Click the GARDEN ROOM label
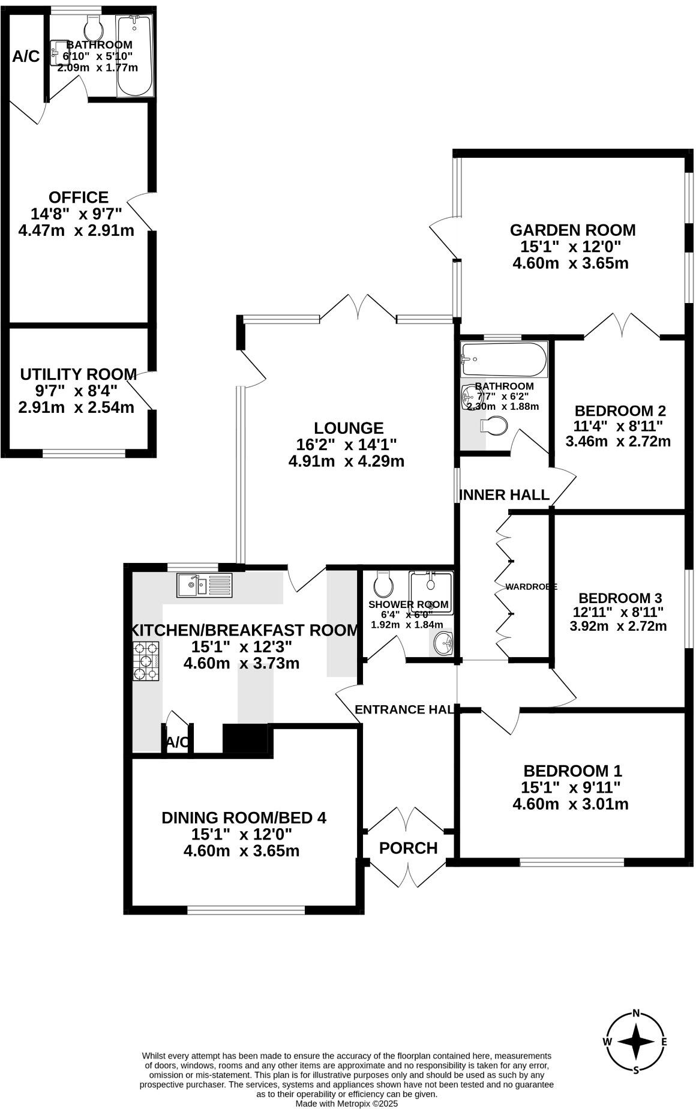tap(572, 230)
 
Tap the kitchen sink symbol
tap(204, 585)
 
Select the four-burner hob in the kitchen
tap(146, 661)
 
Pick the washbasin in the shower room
tap(444, 645)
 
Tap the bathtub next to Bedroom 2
tap(503, 359)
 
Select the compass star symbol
tap(636, 1041)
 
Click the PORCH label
tap(409, 848)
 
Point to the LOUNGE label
tap(349, 428)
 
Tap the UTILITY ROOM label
tap(78, 374)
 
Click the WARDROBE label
tap(531, 586)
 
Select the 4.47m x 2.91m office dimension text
tap(77, 230)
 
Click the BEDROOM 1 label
tap(572, 771)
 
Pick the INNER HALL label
tap(504, 495)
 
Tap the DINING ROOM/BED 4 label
tap(244, 817)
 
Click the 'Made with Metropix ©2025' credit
tap(347, 1103)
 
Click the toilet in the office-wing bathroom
tap(94, 27)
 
